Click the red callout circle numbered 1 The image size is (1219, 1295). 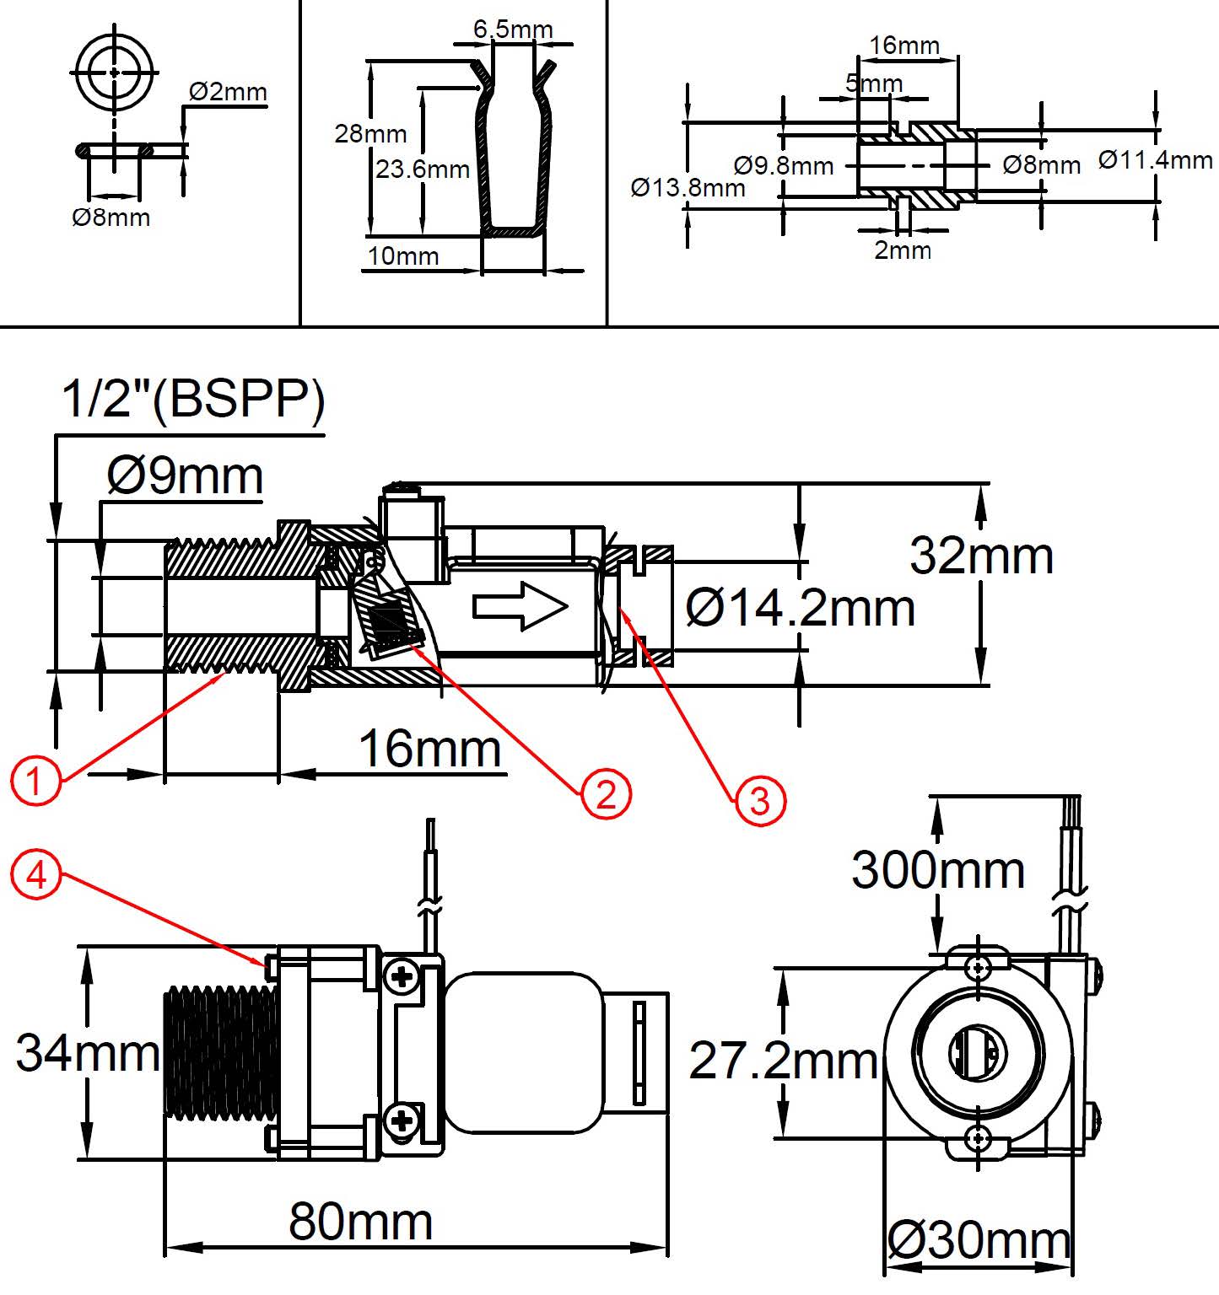tap(35, 780)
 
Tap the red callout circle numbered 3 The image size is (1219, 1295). tap(760, 800)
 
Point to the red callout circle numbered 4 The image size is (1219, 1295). tap(36, 875)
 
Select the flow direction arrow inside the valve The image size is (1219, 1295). tap(520, 606)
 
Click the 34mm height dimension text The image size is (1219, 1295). tap(88, 1053)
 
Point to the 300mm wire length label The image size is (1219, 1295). tap(938, 870)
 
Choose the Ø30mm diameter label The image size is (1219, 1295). tap(979, 1240)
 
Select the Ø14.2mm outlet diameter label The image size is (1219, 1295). tap(801, 607)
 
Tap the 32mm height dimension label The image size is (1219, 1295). tap(982, 556)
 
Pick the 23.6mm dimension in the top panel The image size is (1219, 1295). tap(423, 169)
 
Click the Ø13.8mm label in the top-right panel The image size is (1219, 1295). tap(688, 187)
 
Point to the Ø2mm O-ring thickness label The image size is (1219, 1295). tap(228, 91)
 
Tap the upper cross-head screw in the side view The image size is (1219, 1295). tap(402, 977)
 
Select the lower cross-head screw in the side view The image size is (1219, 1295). tap(402, 1120)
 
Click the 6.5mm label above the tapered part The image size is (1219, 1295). tap(513, 30)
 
